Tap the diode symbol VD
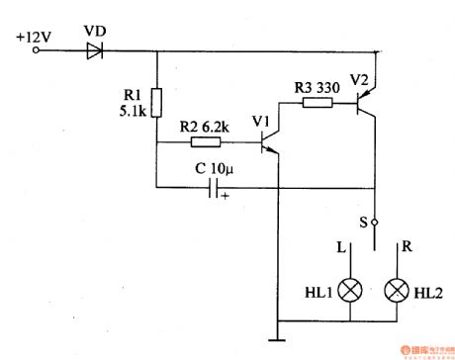pos(95,50)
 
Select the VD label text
pos(95,31)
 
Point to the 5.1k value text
pos(129,111)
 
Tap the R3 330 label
pos(317,87)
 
